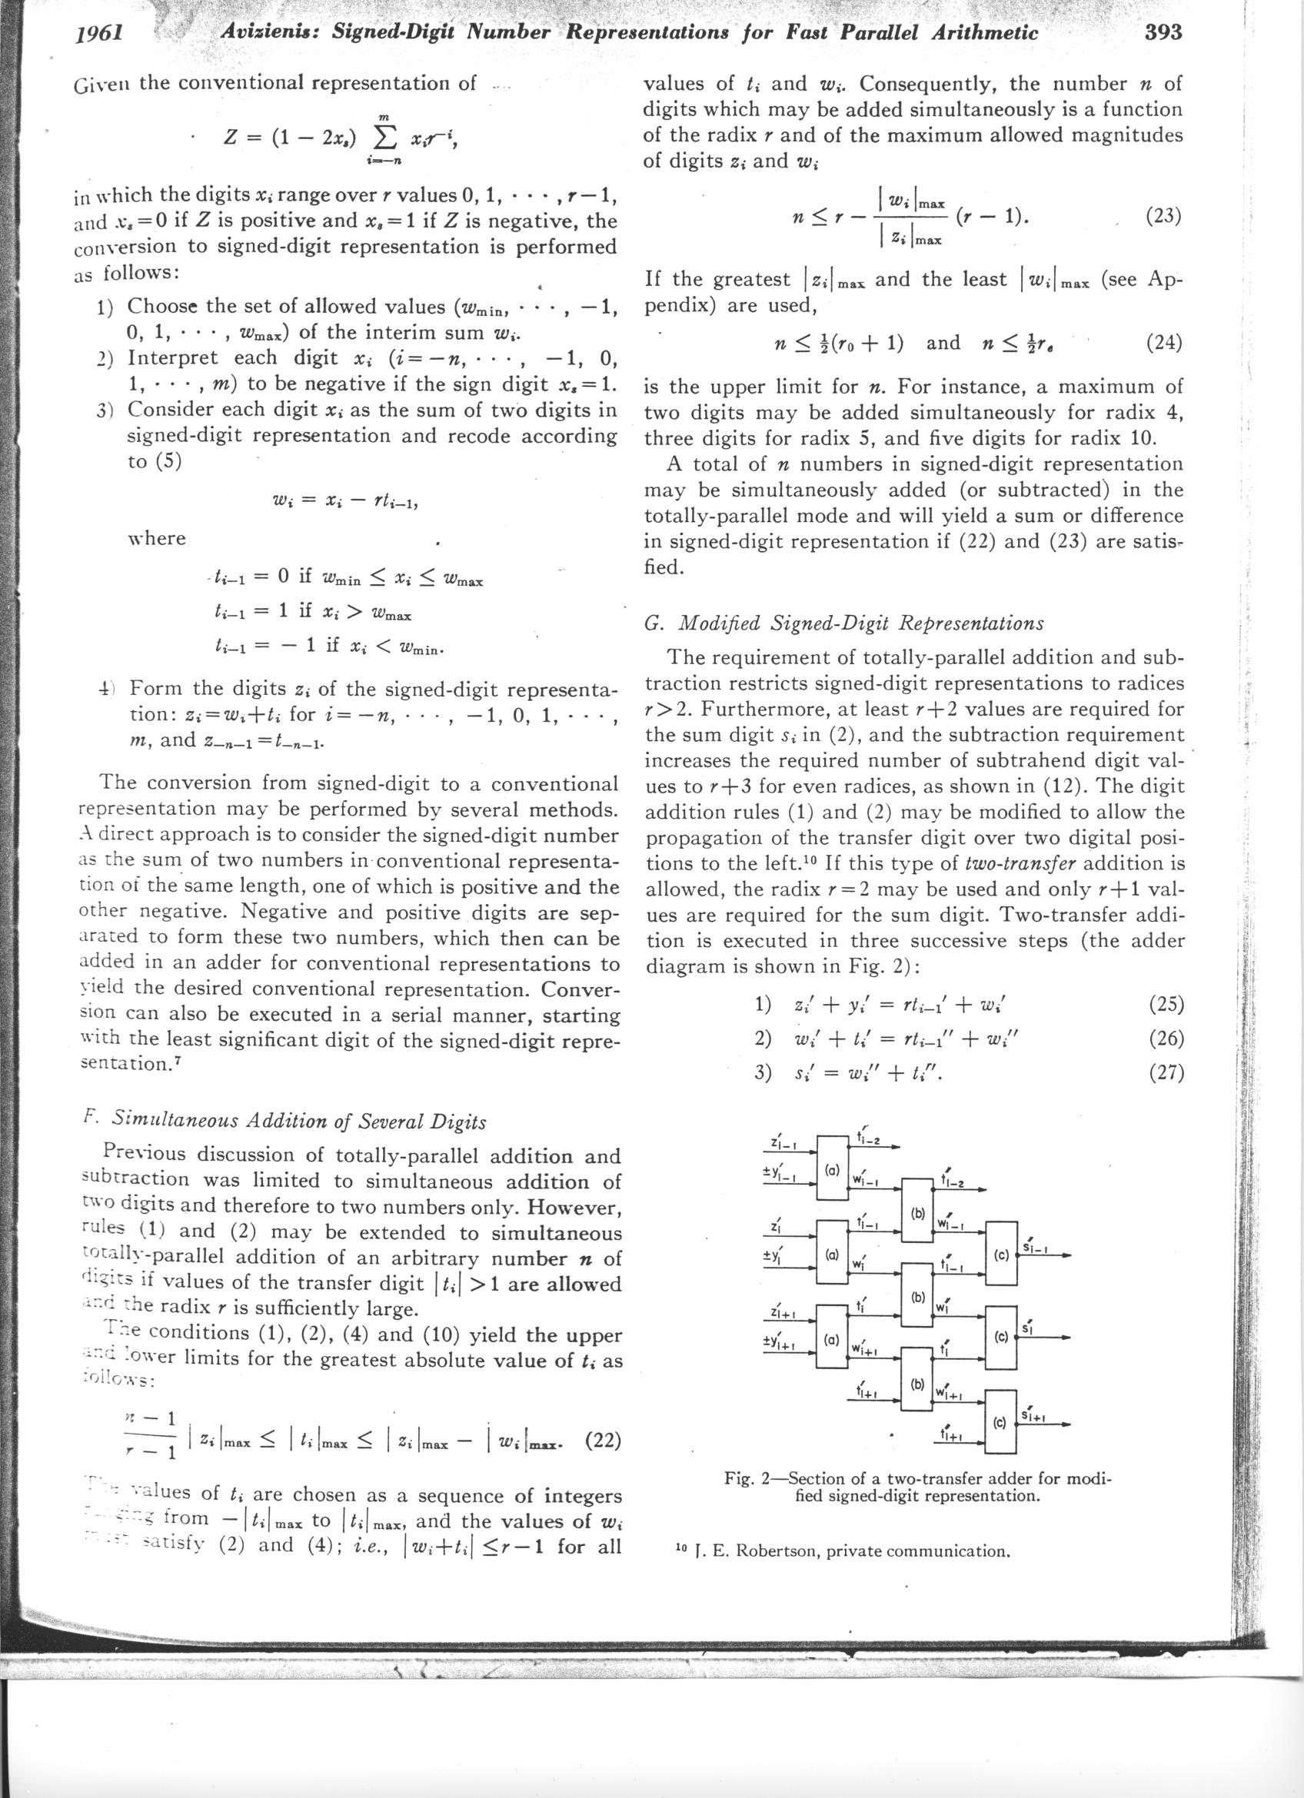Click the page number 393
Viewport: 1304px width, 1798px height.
(x=1163, y=32)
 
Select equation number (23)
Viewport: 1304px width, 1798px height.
(x=1165, y=217)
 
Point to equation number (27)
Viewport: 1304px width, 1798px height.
(x=1166, y=1072)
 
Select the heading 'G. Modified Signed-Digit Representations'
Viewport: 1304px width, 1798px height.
(x=843, y=623)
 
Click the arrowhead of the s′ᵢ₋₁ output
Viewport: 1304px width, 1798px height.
(x=1066, y=1255)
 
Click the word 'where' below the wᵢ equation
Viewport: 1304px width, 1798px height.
(x=156, y=538)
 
